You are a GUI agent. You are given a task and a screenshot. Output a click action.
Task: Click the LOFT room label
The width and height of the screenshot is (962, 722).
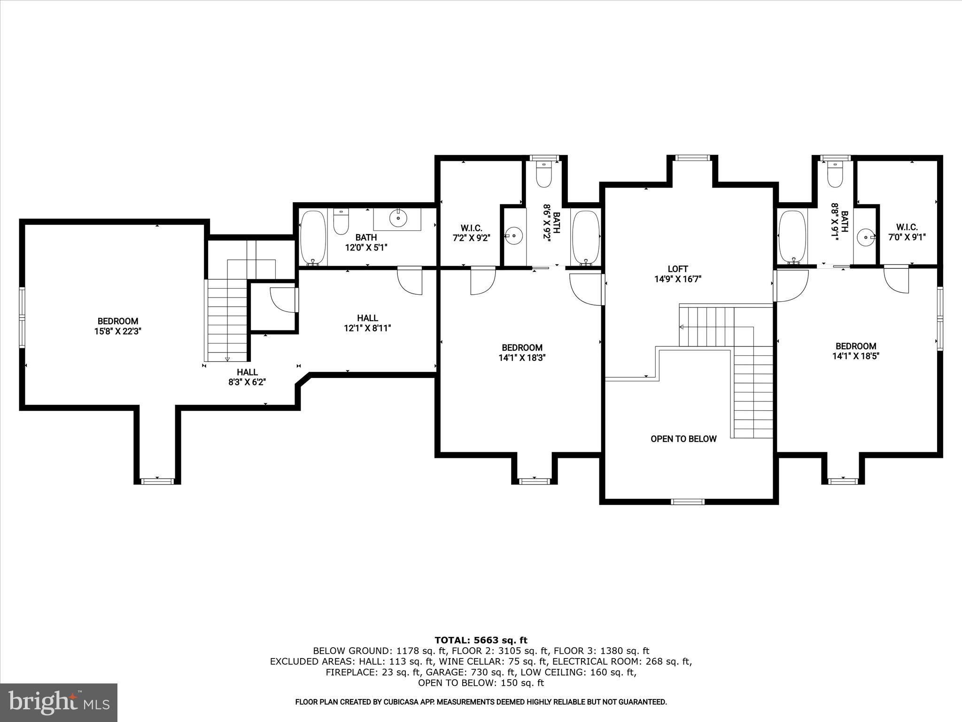677,269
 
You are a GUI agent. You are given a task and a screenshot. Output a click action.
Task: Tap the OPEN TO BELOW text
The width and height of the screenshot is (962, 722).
683,439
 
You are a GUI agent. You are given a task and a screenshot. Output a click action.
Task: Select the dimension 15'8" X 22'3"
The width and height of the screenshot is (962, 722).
117,331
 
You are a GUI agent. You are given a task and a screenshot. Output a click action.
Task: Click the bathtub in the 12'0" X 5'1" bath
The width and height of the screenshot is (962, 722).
312,238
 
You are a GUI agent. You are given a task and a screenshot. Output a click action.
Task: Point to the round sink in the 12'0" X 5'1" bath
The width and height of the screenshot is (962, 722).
398,218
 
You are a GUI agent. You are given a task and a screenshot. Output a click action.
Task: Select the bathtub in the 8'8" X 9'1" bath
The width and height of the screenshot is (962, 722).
792,238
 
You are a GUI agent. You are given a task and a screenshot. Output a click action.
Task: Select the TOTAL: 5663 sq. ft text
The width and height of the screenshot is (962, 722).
481,640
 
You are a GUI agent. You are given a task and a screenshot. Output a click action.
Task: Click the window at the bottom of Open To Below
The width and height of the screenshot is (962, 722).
688,502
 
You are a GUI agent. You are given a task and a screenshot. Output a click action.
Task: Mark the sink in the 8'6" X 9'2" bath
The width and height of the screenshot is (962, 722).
514,235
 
